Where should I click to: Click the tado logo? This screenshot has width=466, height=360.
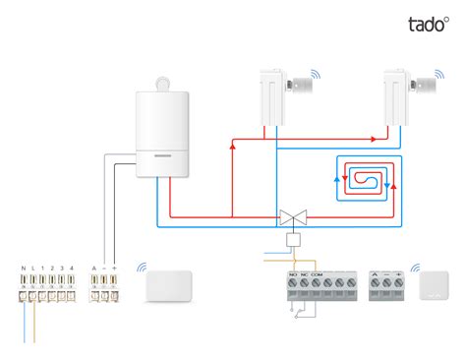(x=429, y=25)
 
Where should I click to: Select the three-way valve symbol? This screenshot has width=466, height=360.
(x=292, y=214)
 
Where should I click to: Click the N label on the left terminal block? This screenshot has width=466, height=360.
(x=23, y=269)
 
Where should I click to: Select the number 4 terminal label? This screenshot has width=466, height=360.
(x=73, y=269)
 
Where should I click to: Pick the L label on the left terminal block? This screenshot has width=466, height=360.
(x=33, y=269)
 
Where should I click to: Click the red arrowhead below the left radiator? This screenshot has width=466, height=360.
(x=233, y=146)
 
